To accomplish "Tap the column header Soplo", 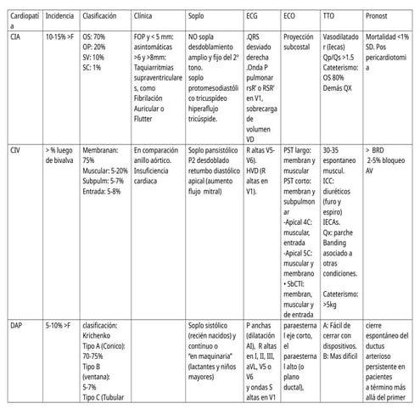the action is tap(196, 15).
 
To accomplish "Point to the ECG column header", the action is tap(253, 15).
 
